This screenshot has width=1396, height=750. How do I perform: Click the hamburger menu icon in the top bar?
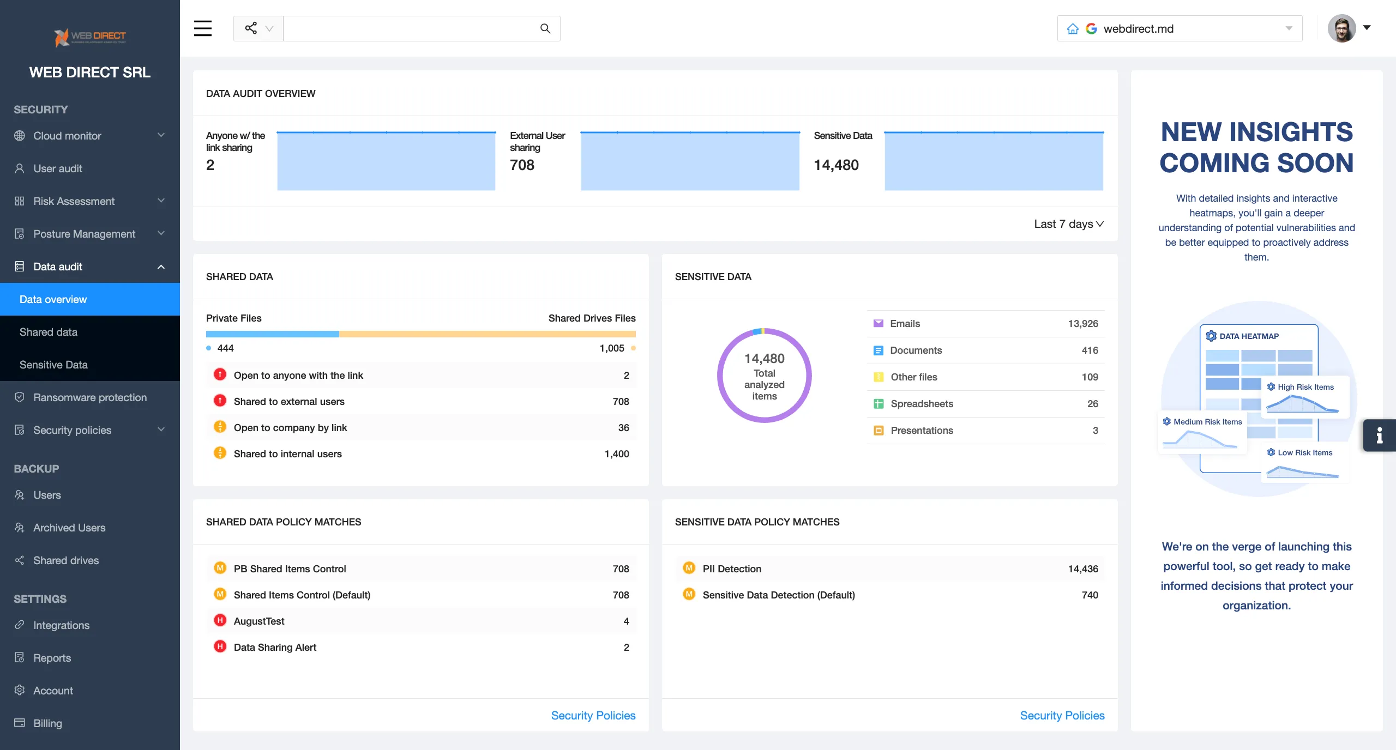point(202,28)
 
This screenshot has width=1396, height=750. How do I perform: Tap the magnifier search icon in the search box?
point(545,28)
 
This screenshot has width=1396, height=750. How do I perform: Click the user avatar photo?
point(1341,28)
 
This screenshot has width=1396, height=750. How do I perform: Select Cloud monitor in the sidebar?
point(67,136)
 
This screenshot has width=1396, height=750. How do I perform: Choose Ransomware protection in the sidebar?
point(89,397)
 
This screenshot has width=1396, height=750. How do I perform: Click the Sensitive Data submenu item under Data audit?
point(53,365)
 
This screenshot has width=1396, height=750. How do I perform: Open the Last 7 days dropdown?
point(1068,224)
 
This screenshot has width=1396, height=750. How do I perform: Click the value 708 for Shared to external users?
point(621,402)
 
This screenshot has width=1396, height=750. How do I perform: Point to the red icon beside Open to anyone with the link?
point(220,374)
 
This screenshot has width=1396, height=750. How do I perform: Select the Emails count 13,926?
point(1082,324)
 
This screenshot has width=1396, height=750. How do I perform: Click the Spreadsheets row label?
point(922,404)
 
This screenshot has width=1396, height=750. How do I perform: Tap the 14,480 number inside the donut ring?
point(764,359)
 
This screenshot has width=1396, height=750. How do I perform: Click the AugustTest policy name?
point(259,621)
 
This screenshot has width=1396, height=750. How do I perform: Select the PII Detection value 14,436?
point(1082,569)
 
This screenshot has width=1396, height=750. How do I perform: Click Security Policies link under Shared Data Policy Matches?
point(593,716)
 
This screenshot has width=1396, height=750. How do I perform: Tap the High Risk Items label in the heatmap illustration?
point(1305,387)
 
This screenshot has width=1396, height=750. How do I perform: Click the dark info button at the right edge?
point(1379,435)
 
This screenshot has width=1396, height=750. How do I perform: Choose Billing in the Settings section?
point(47,723)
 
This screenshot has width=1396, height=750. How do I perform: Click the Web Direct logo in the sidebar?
point(90,37)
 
